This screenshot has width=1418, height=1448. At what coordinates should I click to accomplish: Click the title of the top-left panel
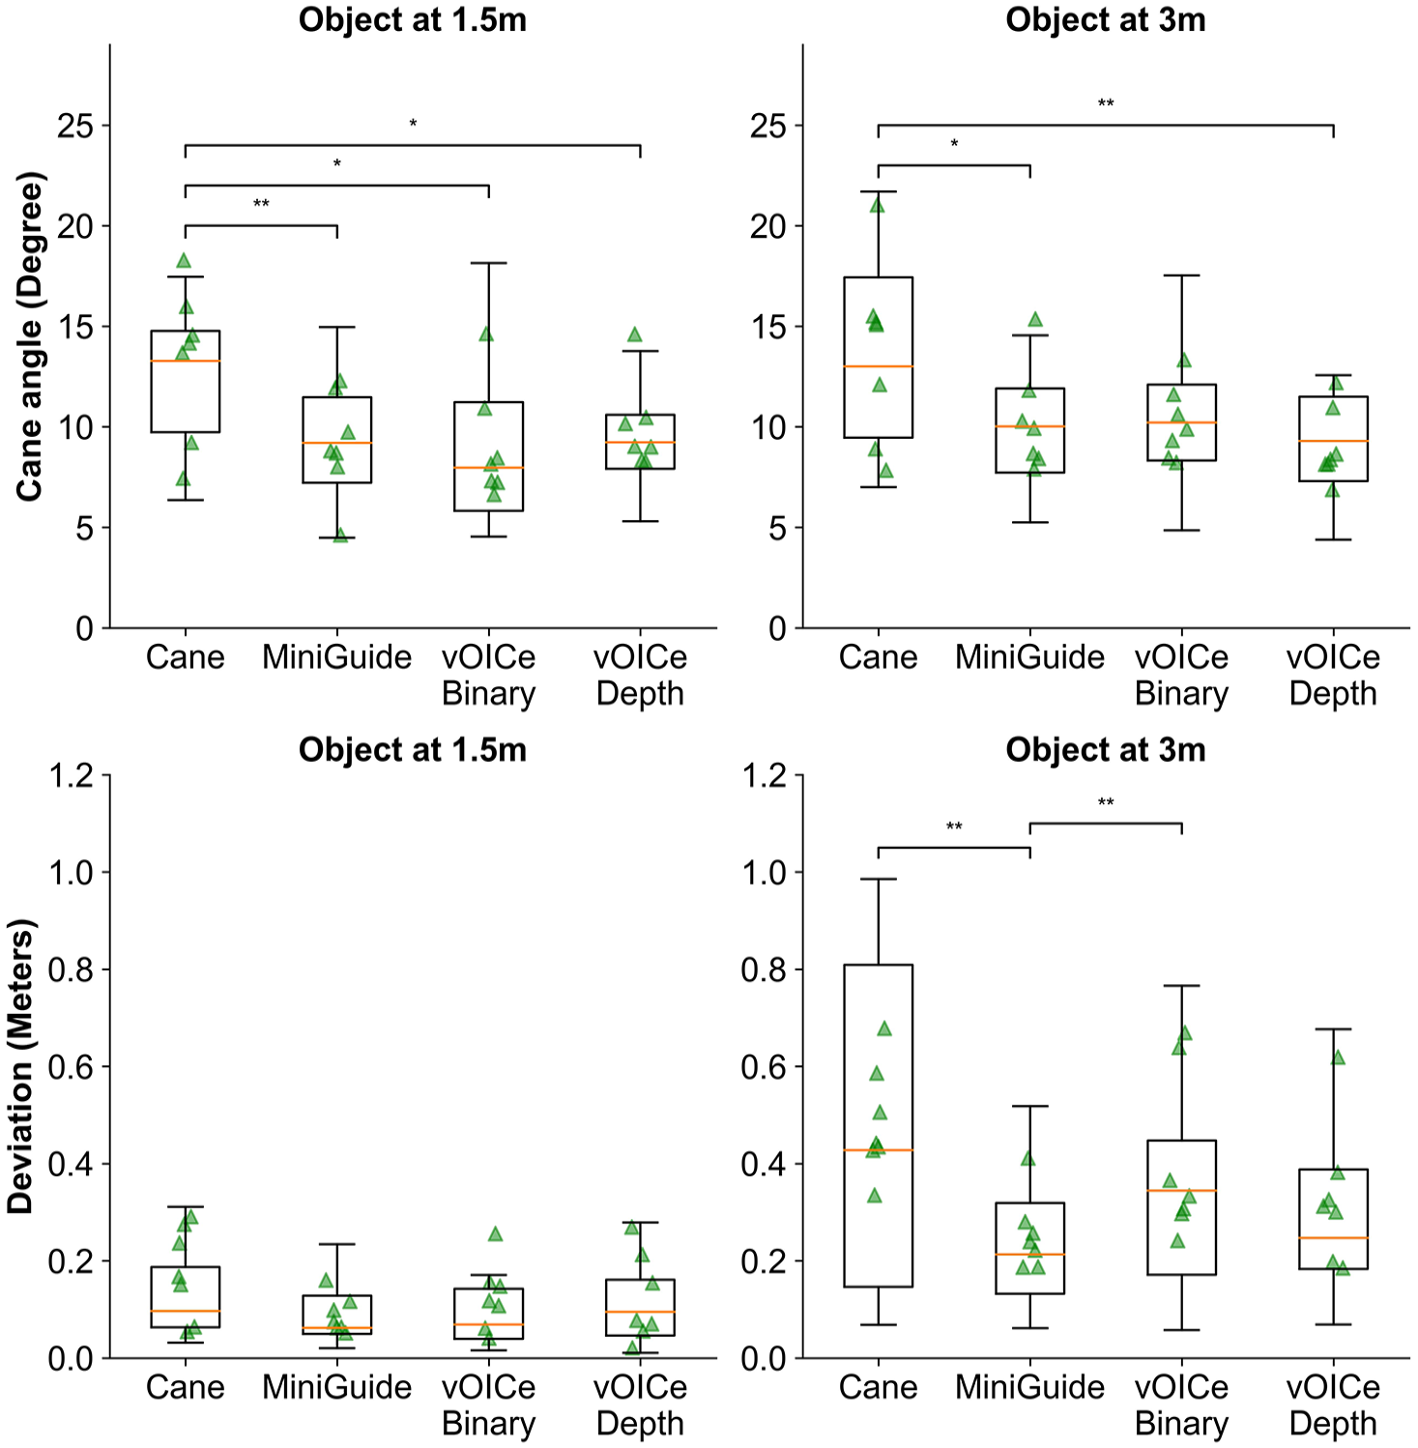(x=413, y=20)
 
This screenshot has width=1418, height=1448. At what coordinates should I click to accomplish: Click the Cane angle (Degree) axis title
(x=30, y=336)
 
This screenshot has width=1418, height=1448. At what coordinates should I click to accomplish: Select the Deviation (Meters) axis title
(x=21, y=1066)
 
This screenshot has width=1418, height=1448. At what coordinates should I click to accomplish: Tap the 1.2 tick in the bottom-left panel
(x=73, y=775)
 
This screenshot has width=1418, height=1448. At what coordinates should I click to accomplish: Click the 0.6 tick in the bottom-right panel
(x=766, y=1066)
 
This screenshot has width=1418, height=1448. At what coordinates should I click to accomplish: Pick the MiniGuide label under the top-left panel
(x=337, y=657)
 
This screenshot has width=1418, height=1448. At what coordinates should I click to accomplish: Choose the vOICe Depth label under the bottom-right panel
(x=1333, y=1405)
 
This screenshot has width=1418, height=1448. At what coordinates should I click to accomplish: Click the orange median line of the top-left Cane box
(x=185, y=361)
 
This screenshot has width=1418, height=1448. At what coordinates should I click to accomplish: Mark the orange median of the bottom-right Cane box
(x=878, y=1150)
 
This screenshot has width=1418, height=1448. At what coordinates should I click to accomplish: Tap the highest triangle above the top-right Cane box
(x=878, y=205)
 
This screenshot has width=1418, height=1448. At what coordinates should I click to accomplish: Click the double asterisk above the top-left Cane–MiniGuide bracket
(x=261, y=205)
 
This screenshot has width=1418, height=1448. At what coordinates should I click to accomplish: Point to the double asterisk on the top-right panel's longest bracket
(x=1106, y=104)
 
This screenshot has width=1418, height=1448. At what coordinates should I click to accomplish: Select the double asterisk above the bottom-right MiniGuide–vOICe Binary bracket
(x=1106, y=803)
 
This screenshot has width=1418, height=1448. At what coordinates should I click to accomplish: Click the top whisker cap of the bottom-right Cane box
(x=878, y=879)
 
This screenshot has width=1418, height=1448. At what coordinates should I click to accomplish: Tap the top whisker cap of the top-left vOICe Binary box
(x=489, y=263)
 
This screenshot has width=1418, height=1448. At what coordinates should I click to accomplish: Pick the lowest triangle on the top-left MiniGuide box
(x=340, y=536)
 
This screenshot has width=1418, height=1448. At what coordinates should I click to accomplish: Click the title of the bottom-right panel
(x=1106, y=750)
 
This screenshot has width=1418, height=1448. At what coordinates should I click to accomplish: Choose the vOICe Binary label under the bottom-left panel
(x=488, y=1405)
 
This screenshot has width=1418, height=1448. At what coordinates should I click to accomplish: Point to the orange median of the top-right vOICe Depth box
(x=1333, y=441)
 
